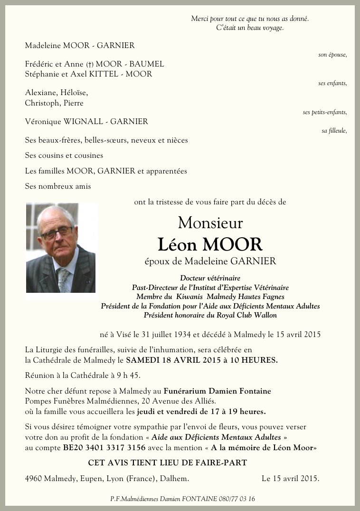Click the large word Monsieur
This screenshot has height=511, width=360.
(210, 222)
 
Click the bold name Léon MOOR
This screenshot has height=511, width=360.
(210, 244)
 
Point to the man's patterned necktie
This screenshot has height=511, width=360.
(64, 280)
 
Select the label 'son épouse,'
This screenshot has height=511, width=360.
(332, 55)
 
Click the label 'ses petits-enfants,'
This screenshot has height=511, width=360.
(325, 112)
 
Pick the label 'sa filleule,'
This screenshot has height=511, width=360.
(334, 131)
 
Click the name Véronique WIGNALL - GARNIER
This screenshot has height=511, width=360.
(86, 122)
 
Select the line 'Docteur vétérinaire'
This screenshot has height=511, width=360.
(210, 278)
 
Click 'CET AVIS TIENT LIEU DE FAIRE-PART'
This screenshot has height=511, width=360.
(168, 463)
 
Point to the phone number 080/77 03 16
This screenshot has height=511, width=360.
(237, 499)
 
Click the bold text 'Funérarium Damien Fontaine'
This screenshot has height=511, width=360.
(218, 391)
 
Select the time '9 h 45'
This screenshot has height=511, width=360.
(128, 376)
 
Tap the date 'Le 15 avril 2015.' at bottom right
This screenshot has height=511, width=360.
(290, 479)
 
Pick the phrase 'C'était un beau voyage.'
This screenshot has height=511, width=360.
(250, 28)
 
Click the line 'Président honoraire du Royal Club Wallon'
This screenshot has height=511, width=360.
(210, 315)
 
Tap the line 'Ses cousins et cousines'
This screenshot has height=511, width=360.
(64, 155)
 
